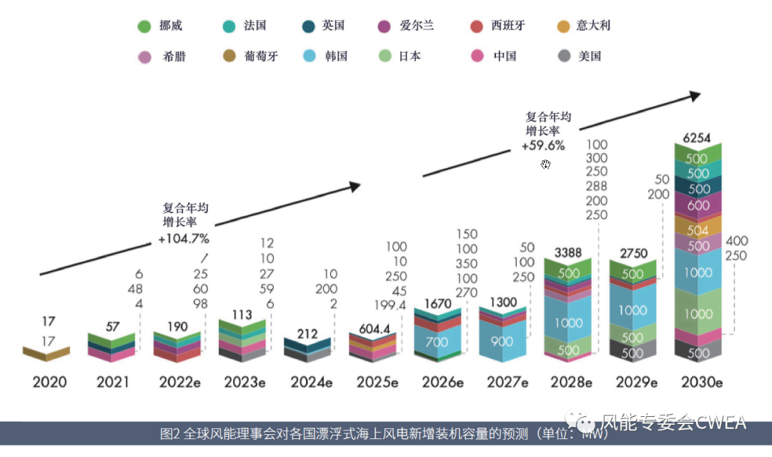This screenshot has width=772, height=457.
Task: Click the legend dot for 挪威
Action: tap(144, 26)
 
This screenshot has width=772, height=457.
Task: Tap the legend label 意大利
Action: tap(593, 26)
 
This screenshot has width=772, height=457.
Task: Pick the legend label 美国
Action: tap(590, 56)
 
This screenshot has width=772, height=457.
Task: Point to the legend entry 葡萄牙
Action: tap(260, 56)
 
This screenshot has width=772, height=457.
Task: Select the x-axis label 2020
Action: tap(49, 382)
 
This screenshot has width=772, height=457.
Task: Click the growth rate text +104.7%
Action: tap(184, 238)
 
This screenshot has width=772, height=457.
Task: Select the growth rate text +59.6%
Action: tap(543, 145)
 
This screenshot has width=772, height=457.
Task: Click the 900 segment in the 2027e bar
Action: tap(502, 341)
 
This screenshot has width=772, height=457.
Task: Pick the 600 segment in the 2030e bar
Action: tap(698, 205)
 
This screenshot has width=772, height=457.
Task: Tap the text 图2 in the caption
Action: tap(170, 434)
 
